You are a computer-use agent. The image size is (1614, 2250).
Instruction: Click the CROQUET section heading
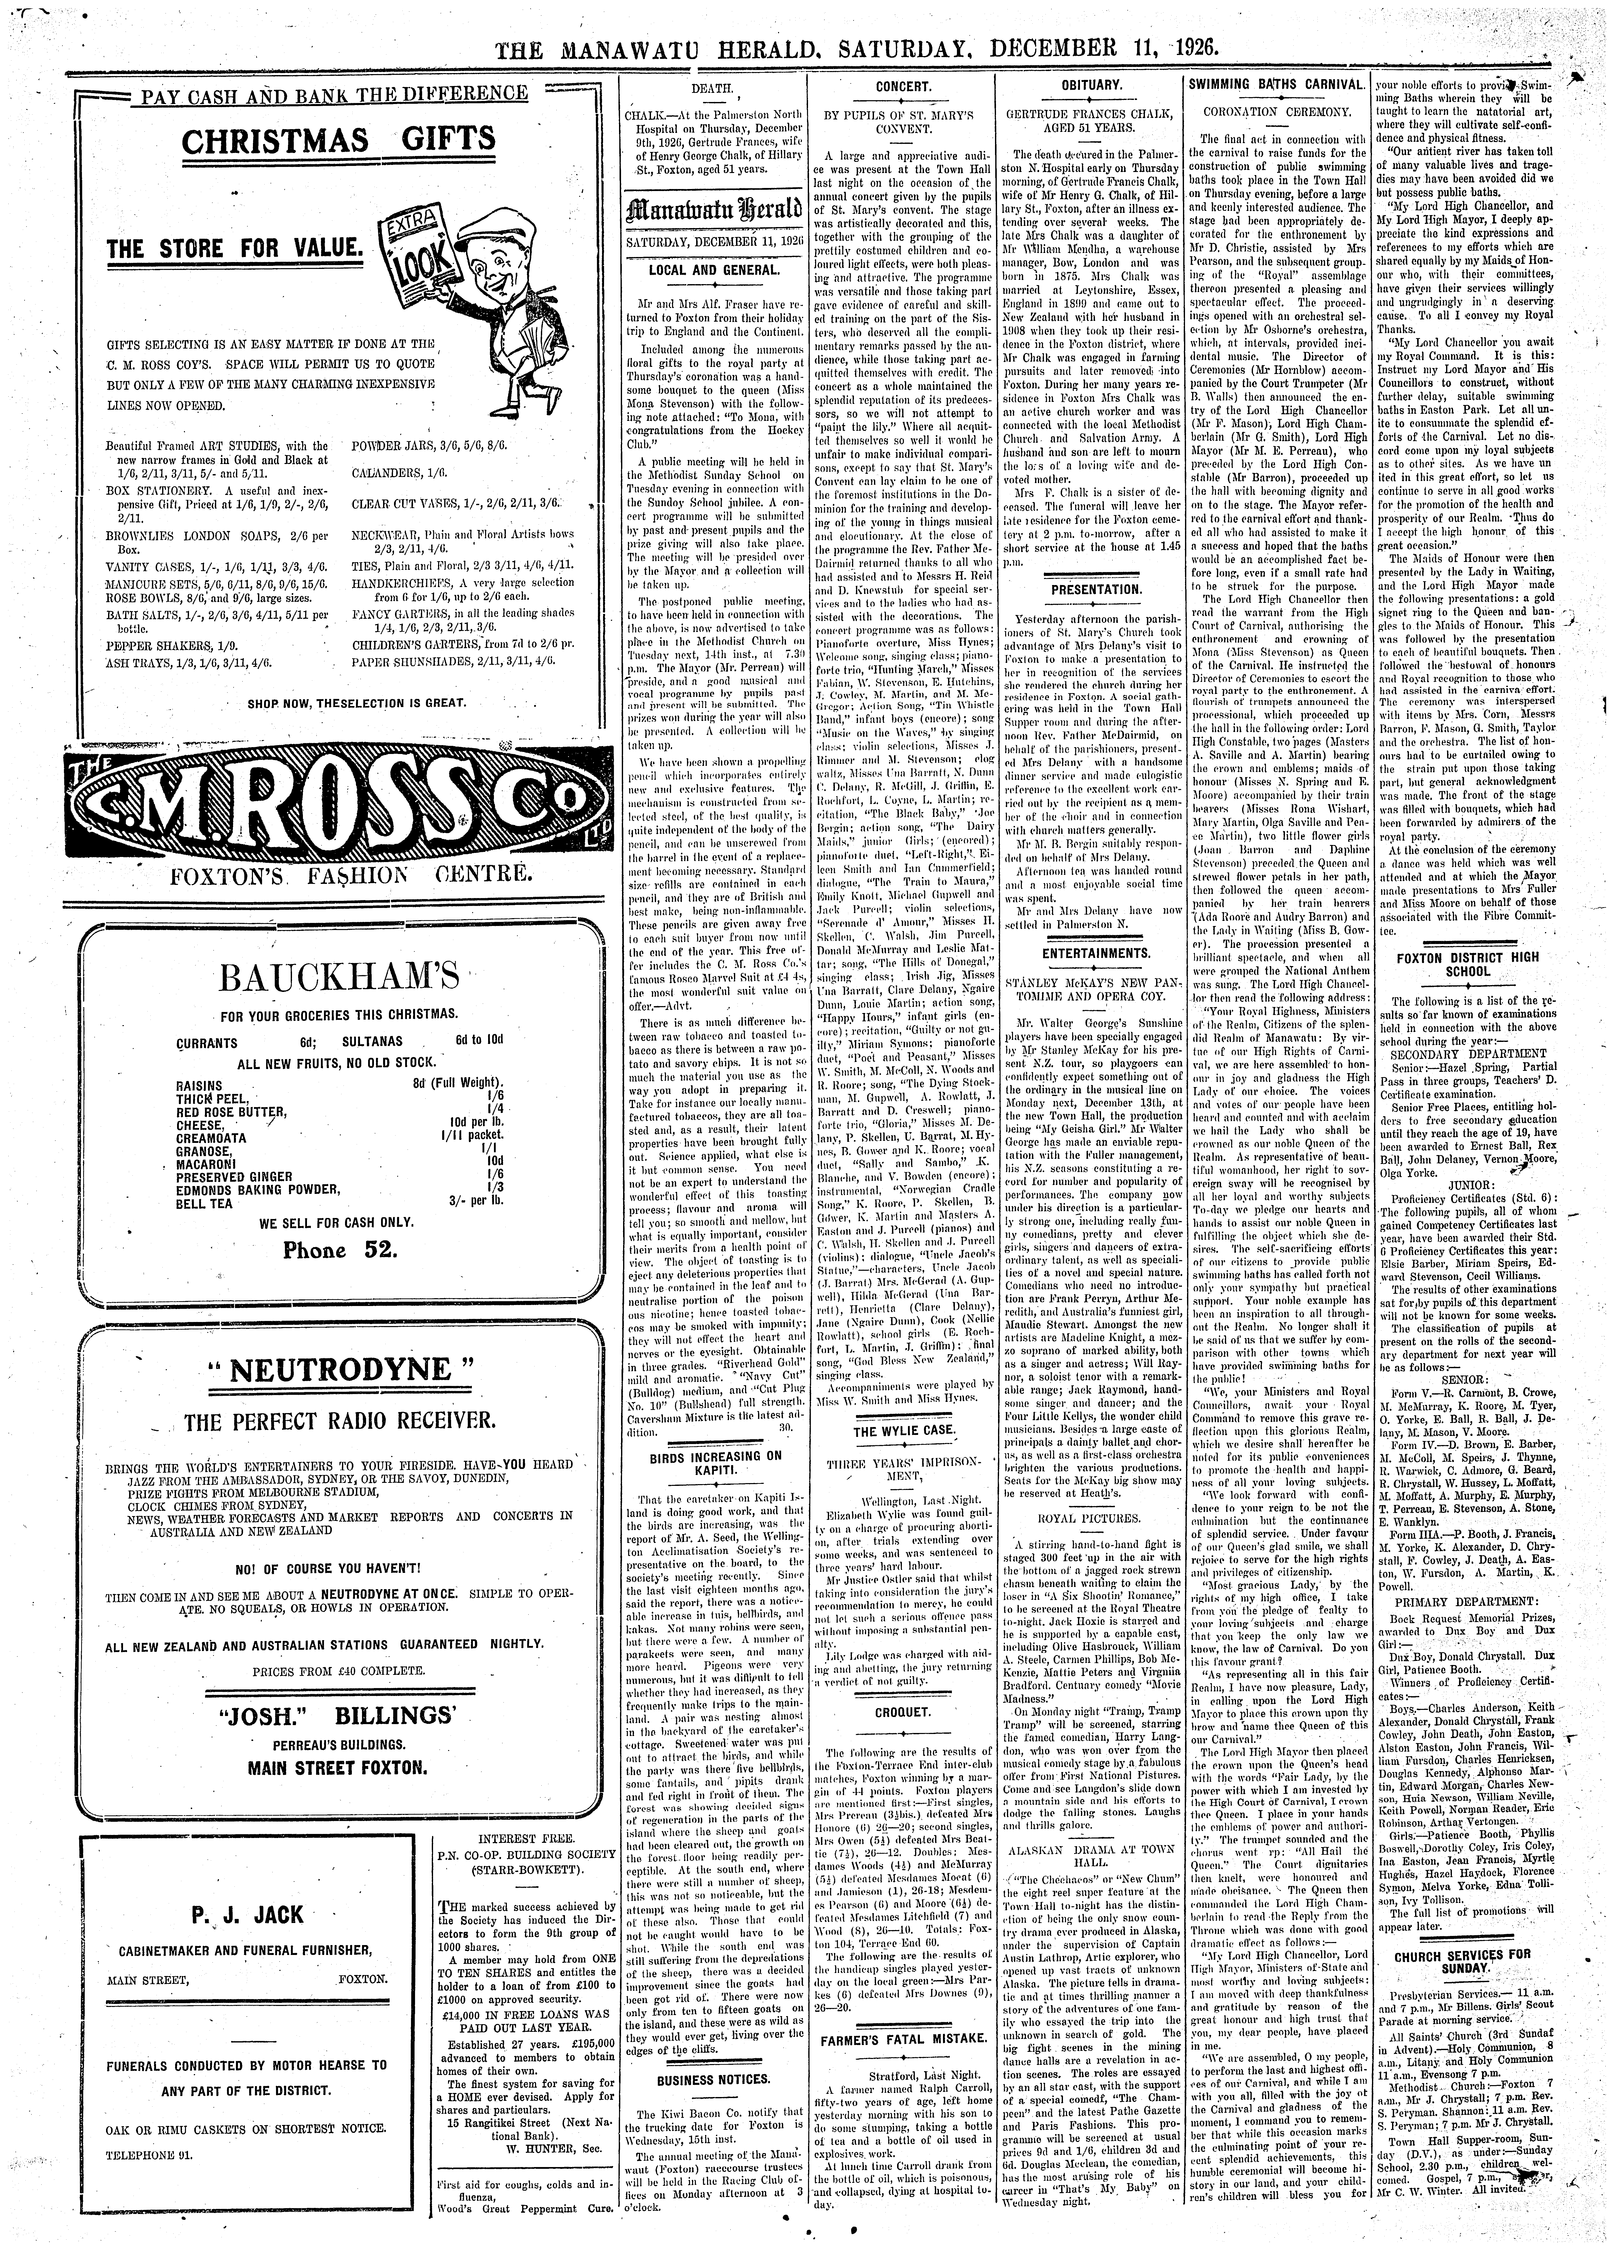[x=903, y=1713]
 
